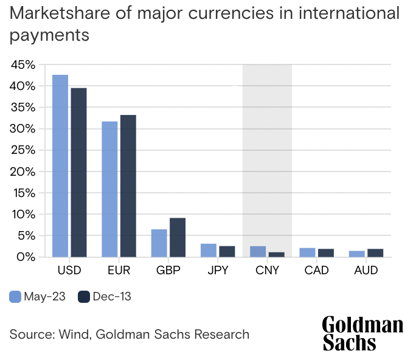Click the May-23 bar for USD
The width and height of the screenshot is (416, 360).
(x=60, y=165)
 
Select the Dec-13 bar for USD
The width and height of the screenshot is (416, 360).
(x=78, y=172)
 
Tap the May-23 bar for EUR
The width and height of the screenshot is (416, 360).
(x=109, y=189)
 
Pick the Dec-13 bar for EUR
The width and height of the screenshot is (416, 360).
(x=128, y=185)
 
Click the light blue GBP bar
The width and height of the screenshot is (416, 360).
(x=159, y=243)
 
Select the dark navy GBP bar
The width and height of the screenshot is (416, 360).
(x=177, y=237)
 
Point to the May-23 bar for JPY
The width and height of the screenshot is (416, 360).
(x=209, y=250)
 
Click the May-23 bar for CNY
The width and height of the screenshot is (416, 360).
(x=258, y=251)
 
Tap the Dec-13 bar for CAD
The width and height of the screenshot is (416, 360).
(x=326, y=253)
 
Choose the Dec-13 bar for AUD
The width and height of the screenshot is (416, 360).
(x=375, y=253)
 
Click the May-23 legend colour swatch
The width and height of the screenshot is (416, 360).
(x=15, y=297)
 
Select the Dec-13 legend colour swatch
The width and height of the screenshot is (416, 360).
(x=84, y=297)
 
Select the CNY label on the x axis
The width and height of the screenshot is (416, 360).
(x=267, y=269)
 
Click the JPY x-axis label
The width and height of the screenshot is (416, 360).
(x=217, y=269)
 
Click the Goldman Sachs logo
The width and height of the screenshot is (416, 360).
(x=362, y=333)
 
